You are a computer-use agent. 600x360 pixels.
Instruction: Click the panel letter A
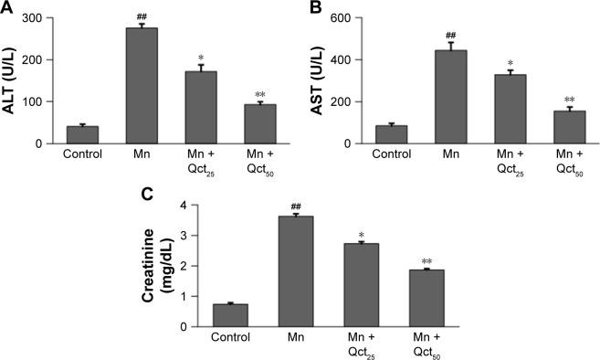7,8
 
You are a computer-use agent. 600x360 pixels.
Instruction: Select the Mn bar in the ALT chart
142,86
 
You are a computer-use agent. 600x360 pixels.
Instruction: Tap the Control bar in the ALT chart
82,134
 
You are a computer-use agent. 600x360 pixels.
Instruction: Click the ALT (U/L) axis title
12,80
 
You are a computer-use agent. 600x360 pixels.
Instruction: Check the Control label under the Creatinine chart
230,337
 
